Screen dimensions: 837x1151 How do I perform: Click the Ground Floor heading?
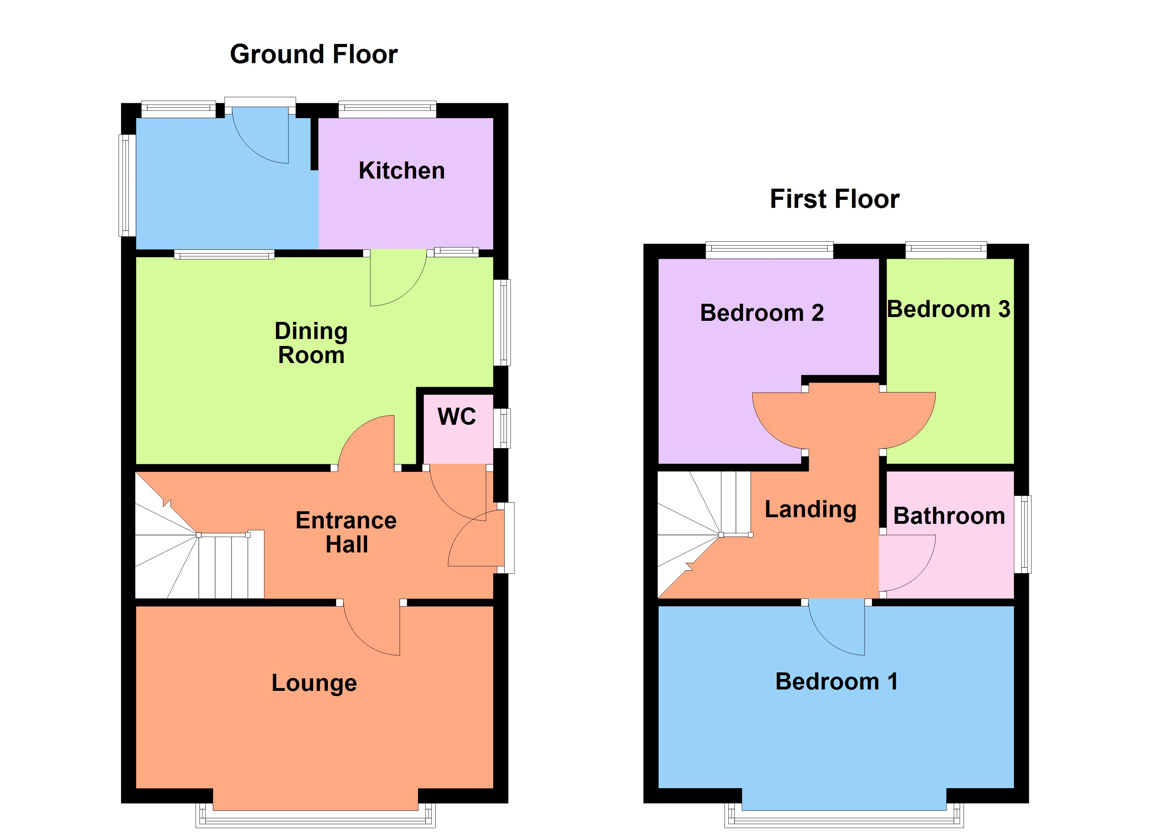(314, 54)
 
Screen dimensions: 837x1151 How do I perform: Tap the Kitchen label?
(401, 171)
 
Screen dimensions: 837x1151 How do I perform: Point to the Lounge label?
(314, 683)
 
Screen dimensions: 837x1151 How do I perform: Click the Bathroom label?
(949, 516)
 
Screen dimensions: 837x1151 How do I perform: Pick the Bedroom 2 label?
(761, 313)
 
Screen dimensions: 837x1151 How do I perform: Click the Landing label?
(811, 509)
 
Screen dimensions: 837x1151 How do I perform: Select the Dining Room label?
(311, 343)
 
